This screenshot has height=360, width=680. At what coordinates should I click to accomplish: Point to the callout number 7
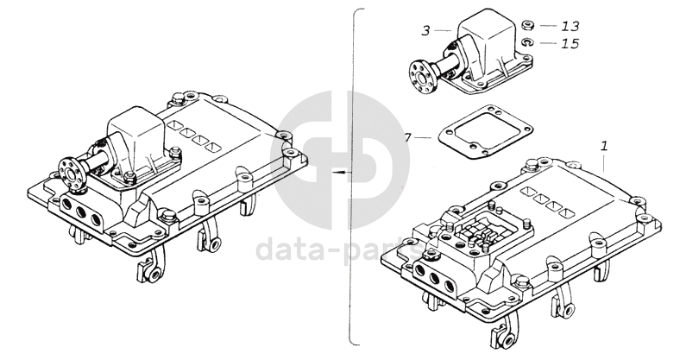pos(407,136)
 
